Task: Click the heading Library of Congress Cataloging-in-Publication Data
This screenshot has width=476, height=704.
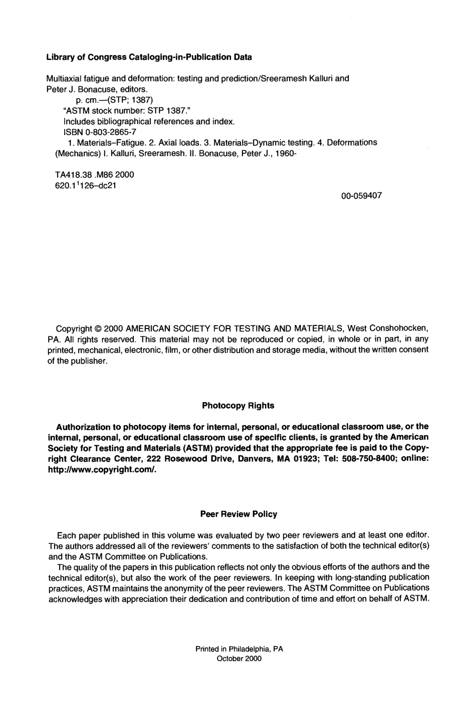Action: [x=149, y=57]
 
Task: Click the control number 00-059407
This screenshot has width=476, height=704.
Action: [x=361, y=196]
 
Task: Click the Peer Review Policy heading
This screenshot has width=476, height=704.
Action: [x=239, y=514]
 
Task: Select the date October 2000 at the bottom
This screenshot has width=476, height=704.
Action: [x=239, y=659]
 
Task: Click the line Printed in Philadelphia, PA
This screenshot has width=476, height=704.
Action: [x=239, y=648]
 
